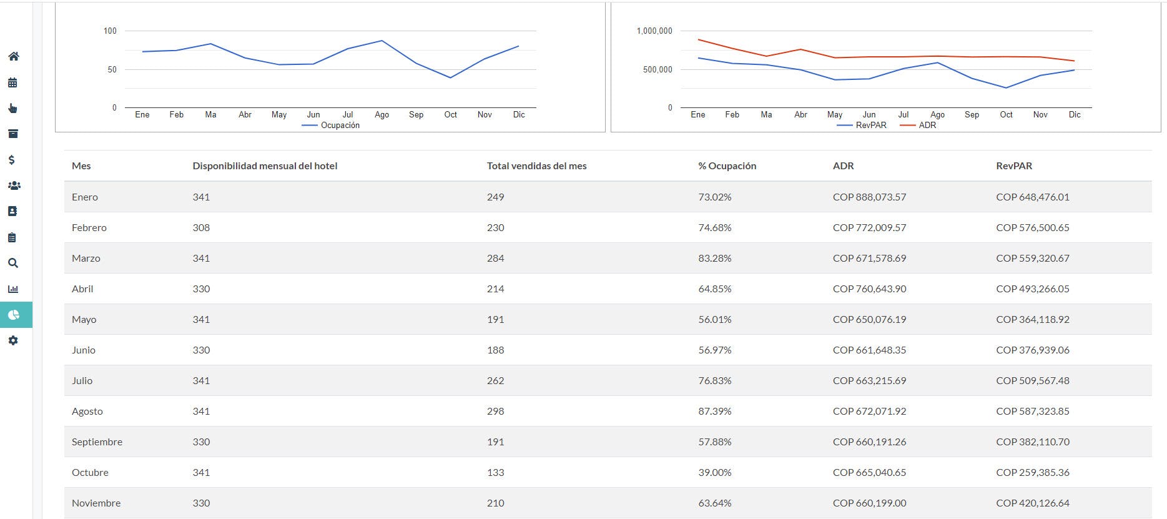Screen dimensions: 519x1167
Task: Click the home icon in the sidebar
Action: (13, 56)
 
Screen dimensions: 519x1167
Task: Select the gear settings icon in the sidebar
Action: (13, 340)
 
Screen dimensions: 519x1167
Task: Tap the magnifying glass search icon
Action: (13, 263)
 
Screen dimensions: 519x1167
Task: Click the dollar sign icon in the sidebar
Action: (12, 160)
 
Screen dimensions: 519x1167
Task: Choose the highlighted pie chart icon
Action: (14, 315)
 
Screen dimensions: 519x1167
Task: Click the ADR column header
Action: (843, 166)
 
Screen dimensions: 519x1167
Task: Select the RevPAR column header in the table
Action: (1013, 166)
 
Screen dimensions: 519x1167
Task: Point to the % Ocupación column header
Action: (727, 166)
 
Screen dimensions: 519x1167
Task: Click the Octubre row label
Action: (90, 472)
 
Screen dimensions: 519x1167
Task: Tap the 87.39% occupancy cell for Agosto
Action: (714, 411)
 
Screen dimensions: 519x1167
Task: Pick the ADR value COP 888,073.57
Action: (869, 197)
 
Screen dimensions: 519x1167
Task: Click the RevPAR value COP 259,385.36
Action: (1032, 472)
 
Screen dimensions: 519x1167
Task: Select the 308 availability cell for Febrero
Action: (201, 227)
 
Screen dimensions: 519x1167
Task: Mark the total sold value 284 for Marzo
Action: (495, 258)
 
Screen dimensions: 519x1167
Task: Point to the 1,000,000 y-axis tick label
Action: (654, 31)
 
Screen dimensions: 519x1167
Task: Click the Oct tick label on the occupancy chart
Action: (450, 114)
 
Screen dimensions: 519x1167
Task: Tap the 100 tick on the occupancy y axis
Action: (110, 31)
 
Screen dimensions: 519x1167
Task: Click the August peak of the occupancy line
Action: (382, 41)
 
